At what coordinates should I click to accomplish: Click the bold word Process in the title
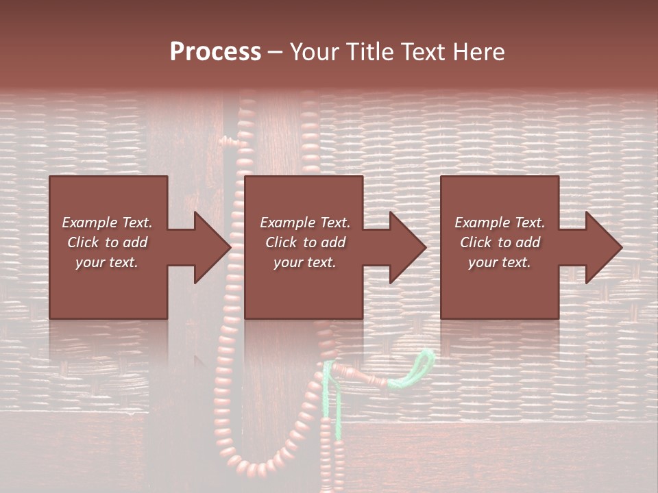215,52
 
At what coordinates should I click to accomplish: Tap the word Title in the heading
369,52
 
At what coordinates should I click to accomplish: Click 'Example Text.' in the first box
108,223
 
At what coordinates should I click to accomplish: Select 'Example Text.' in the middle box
305,223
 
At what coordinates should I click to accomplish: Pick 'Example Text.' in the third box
500,223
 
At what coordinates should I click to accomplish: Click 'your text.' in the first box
107,262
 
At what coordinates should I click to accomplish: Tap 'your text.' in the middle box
305,262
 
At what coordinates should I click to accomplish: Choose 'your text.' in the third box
500,262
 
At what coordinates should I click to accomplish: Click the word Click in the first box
83,242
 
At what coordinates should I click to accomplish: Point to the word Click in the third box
476,242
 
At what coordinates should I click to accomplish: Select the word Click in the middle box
281,242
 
